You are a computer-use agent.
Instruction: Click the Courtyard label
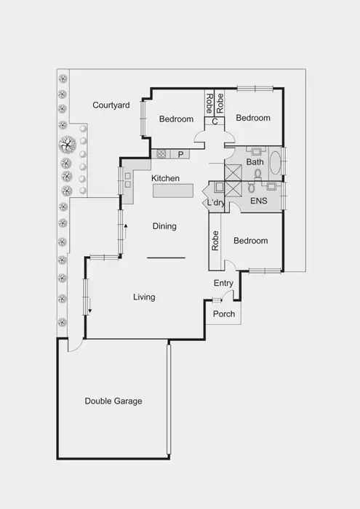click(111, 105)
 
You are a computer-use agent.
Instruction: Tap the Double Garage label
click(113, 401)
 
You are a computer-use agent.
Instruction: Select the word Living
click(144, 297)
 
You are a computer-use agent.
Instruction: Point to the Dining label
click(164, 226)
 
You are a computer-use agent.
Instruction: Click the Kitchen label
click(165, 178)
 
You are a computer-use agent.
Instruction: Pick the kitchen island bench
click(173, 191)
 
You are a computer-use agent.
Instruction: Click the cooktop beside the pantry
click(162, 153)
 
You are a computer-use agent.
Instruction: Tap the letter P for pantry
click(179, 153)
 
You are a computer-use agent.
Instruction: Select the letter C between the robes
click(215, 121)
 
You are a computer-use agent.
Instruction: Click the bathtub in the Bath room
click(276, 161)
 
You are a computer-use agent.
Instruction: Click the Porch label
click(224, 314)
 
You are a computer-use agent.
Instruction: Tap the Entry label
click(223, 283)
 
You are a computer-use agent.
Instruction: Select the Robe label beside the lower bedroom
click(215, 241)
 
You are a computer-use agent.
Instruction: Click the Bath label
click(255, 162)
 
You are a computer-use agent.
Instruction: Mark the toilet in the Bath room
click(257, 175)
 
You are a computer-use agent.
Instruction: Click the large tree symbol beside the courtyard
click(67, 143)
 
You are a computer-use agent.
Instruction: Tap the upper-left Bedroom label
click(177, 119)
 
